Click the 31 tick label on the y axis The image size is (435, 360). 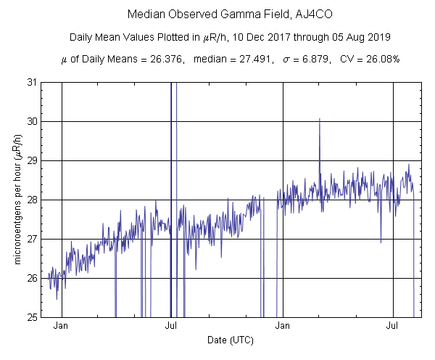coord(32,82)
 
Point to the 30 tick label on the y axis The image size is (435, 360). coord(32,121)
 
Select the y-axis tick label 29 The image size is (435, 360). coord(32,160)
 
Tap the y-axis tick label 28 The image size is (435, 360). coord(32,200)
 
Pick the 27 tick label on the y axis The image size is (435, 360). coord(32,239)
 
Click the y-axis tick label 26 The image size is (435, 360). coord(32,278)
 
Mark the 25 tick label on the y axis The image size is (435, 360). coord(32,317)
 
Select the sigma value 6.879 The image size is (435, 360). coord(298,59)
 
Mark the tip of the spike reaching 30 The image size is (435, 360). coord(319,118)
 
